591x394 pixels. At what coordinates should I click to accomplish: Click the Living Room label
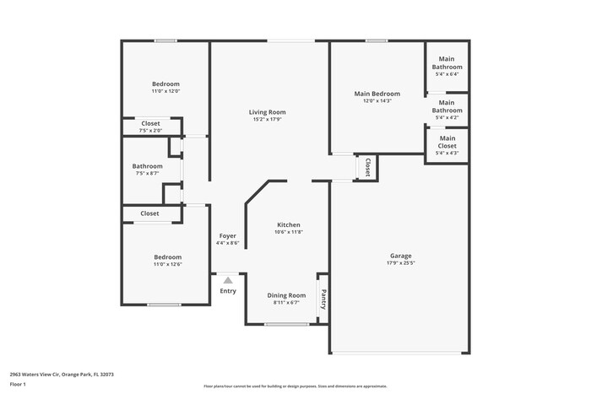tap(267, 112)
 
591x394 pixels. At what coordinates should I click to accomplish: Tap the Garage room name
tap(400, 256)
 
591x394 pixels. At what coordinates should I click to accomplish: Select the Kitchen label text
tap(289, 225)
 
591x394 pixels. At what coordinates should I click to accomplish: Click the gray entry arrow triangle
tap(227, 281)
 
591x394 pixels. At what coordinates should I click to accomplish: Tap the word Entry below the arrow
tap(228, 291)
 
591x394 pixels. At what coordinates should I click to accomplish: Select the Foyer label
tap(227, 235)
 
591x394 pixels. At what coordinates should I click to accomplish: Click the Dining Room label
tap(286, 295)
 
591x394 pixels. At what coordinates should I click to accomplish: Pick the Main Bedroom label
tap(377, 94)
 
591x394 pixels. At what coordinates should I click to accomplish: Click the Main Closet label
tap(447, 142)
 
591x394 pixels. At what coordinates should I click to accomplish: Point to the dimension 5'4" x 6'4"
tap(447, 74)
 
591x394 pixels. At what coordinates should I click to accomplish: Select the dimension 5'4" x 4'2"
tap(447, 117)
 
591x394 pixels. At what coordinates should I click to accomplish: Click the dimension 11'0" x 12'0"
tap(165, 91)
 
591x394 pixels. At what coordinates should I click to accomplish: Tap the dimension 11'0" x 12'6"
tap(167, 264)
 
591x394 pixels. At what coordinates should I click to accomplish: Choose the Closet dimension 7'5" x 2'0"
tap(150, 131)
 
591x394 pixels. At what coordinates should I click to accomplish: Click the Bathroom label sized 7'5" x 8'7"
tap(147, 166)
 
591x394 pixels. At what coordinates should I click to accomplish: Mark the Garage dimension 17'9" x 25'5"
tap(400, 263)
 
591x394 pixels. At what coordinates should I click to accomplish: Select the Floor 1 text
tap(19, 385)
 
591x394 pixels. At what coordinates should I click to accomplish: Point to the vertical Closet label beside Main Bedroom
tap(367, 168)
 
